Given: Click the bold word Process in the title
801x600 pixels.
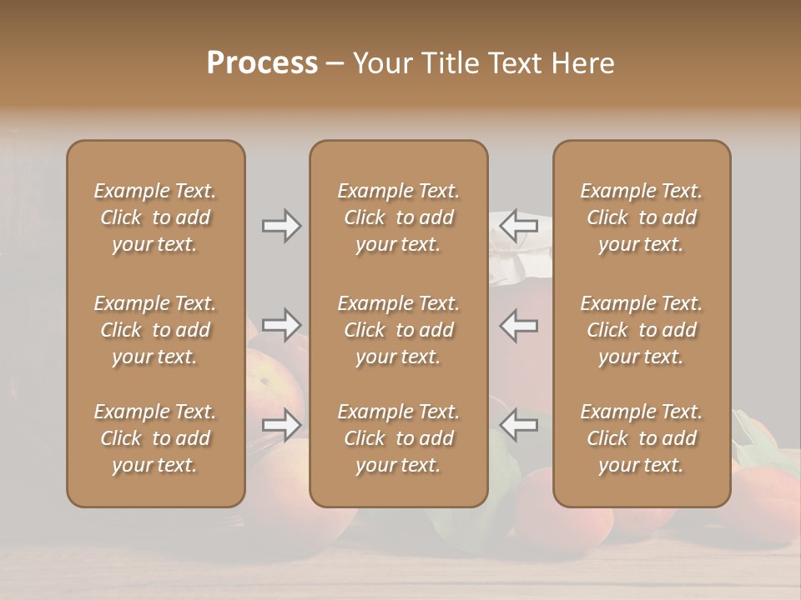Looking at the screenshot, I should (262, 63).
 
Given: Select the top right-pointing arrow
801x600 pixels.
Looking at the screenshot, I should (282, 226).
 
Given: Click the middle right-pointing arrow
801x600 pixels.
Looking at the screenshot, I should (282, 325).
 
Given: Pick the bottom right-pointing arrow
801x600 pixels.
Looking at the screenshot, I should (282, 425).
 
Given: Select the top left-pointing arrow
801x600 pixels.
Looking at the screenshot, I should (518, 226).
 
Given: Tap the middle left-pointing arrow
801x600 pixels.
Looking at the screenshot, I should (518, 325).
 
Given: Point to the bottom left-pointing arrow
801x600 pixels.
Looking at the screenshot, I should (518, 425).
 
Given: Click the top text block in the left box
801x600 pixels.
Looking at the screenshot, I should (155, 217).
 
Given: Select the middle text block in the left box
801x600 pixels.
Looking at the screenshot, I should (155, 330).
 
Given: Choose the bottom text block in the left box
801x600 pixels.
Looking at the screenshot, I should (155, 438).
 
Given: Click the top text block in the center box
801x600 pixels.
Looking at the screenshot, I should (399, 217).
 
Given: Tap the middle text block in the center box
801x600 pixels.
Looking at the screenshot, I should (399, 330).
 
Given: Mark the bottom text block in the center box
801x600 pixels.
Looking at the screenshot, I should (399, 438).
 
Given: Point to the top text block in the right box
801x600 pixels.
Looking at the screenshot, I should (642, 217).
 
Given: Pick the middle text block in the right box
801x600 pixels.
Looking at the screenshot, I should (642, 330).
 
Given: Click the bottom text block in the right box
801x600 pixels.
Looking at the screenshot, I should (642, 438).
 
